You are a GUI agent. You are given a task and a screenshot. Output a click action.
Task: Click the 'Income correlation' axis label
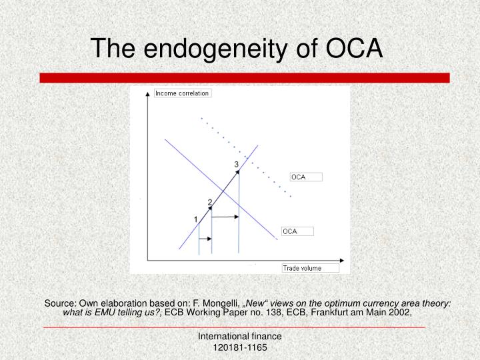(x=182, y=93)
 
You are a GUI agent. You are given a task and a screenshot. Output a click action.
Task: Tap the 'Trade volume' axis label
(x=302, y=268)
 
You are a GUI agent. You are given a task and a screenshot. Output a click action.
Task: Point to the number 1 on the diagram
(x=195, y=219)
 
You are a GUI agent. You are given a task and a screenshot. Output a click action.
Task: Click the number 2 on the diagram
(x=210, y=202)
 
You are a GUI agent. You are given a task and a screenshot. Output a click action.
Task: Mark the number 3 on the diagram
(x=236, y=164)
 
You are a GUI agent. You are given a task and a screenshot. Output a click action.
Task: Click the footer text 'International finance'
(x=240, y=337)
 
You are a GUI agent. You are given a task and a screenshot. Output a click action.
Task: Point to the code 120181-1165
(x=240, y=348)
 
